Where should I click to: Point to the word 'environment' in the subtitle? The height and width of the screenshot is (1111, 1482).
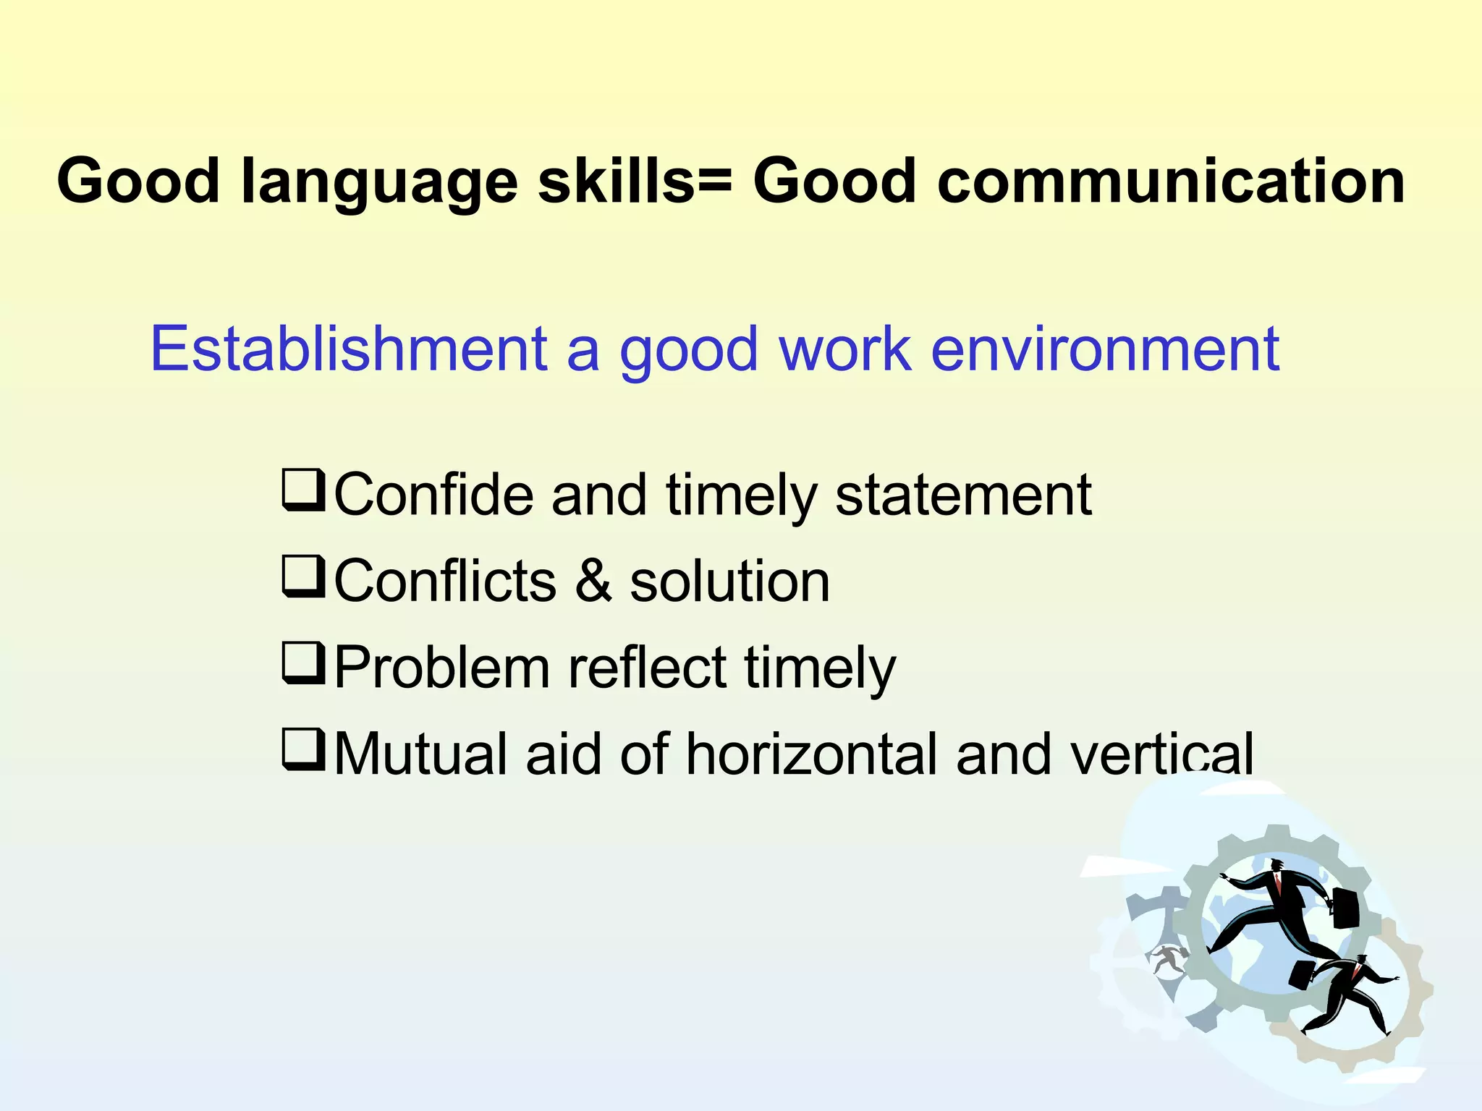pos(1104,349)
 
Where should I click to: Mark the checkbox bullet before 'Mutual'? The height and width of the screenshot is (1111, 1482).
pos(302,749)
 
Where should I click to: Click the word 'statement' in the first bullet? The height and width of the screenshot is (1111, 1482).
pos(962,495)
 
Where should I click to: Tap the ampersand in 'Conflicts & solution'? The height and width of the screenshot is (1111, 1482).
pos(593,582)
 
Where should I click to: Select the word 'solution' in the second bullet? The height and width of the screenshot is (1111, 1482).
pos(729,582)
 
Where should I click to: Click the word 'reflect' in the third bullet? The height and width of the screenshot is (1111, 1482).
pos(646,668)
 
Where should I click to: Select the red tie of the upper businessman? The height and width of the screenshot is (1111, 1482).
pos(1279,884)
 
